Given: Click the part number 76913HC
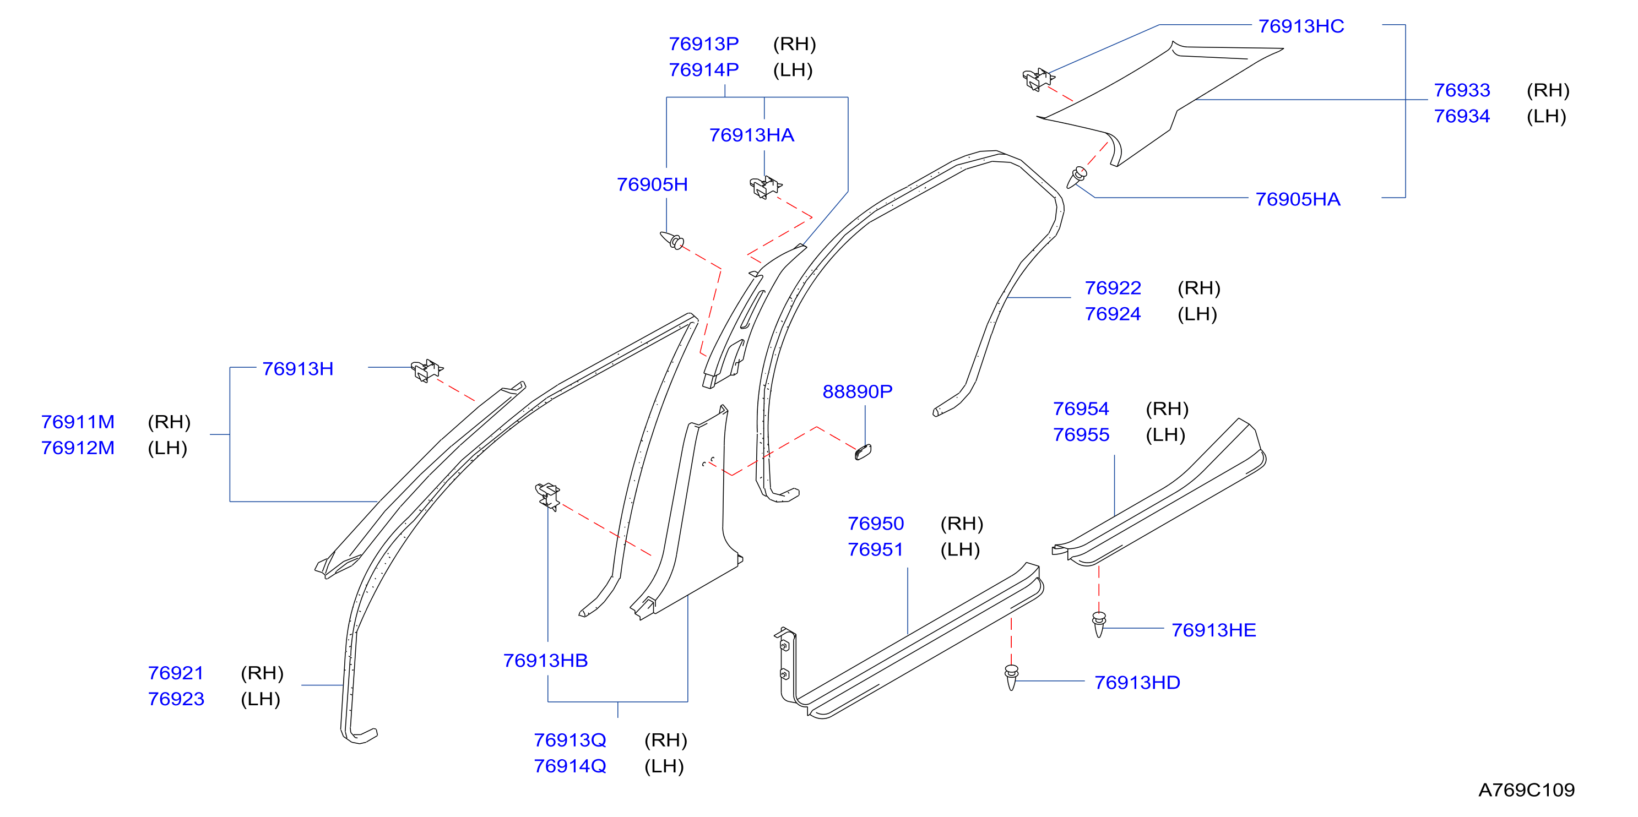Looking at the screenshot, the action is (1301, 26).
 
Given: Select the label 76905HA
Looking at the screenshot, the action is (1297, 199).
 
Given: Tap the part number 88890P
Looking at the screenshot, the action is (857, 391).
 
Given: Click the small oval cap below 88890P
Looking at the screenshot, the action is (864, 451).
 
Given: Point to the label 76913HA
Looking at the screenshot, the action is (752, 135).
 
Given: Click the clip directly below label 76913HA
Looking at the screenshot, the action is (766, 188).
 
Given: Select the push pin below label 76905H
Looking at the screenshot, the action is (672, 241).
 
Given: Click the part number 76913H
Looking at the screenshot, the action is (297, 369).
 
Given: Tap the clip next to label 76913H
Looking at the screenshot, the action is (427, 371).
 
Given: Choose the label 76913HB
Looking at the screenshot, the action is (545, 661).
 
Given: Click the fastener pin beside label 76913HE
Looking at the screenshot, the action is (1099, 624).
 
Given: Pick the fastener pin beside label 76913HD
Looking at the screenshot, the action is (1011, 677).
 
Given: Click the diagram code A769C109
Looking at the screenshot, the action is (1526, 789).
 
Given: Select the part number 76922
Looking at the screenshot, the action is (1113, 288).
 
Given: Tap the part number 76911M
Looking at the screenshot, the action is (78, 422).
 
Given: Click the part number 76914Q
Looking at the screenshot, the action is (569, 766).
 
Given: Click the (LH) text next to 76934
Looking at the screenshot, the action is (1547, 116).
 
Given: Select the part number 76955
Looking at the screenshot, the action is (1081, 435).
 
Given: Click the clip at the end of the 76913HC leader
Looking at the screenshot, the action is (1038, 79).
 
